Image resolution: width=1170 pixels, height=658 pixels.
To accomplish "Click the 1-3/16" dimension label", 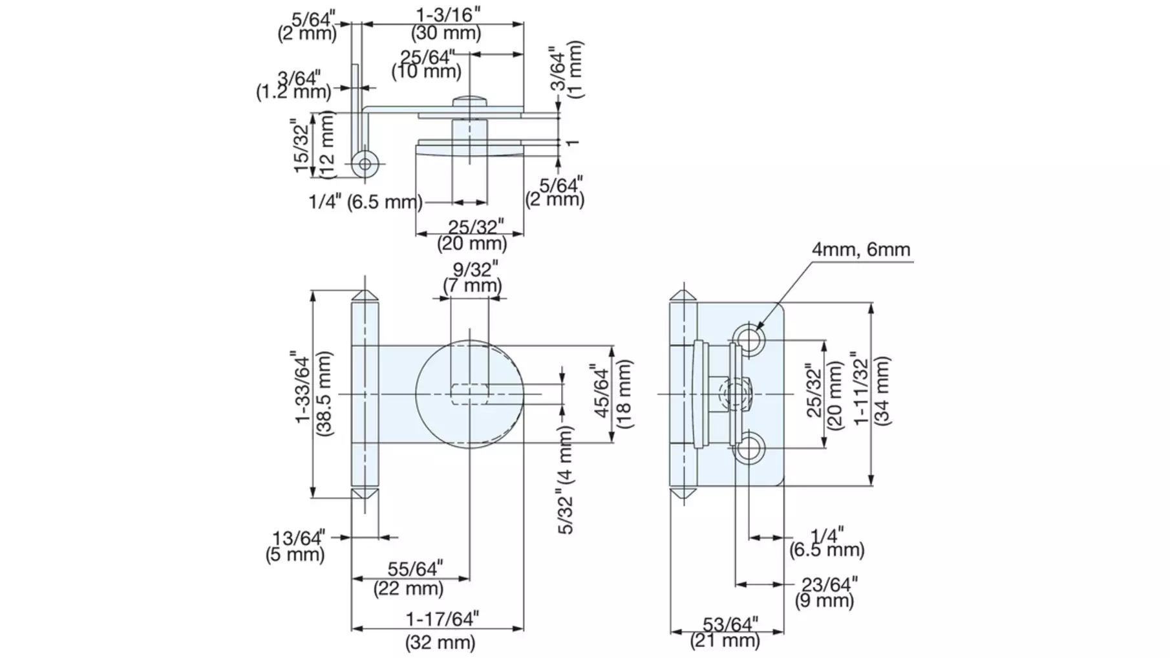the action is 448,14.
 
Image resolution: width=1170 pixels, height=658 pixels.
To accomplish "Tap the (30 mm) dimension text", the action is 446,33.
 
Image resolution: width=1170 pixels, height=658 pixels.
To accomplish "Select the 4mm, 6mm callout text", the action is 861,249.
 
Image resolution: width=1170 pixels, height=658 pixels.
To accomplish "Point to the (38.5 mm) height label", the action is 324,392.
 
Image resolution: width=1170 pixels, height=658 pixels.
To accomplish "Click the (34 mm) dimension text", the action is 881,390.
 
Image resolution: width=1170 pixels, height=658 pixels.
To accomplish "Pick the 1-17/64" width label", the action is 442,619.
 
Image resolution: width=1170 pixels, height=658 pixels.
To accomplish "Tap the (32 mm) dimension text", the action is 440,642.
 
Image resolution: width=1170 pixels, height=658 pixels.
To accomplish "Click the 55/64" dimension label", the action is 415,569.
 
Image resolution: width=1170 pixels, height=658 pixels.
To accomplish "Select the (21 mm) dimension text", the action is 725,640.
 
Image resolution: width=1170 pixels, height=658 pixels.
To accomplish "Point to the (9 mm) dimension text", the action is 824,600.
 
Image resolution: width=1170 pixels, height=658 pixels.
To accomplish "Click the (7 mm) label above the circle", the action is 473,285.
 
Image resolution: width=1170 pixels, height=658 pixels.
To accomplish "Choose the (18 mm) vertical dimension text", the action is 624,394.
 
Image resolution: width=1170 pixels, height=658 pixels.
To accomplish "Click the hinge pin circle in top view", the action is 365,164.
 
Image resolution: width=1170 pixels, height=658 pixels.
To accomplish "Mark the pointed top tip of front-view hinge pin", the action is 365,290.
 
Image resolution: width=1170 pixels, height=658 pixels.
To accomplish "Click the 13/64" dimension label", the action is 298,538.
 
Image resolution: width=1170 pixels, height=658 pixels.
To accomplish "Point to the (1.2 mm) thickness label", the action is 293,92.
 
